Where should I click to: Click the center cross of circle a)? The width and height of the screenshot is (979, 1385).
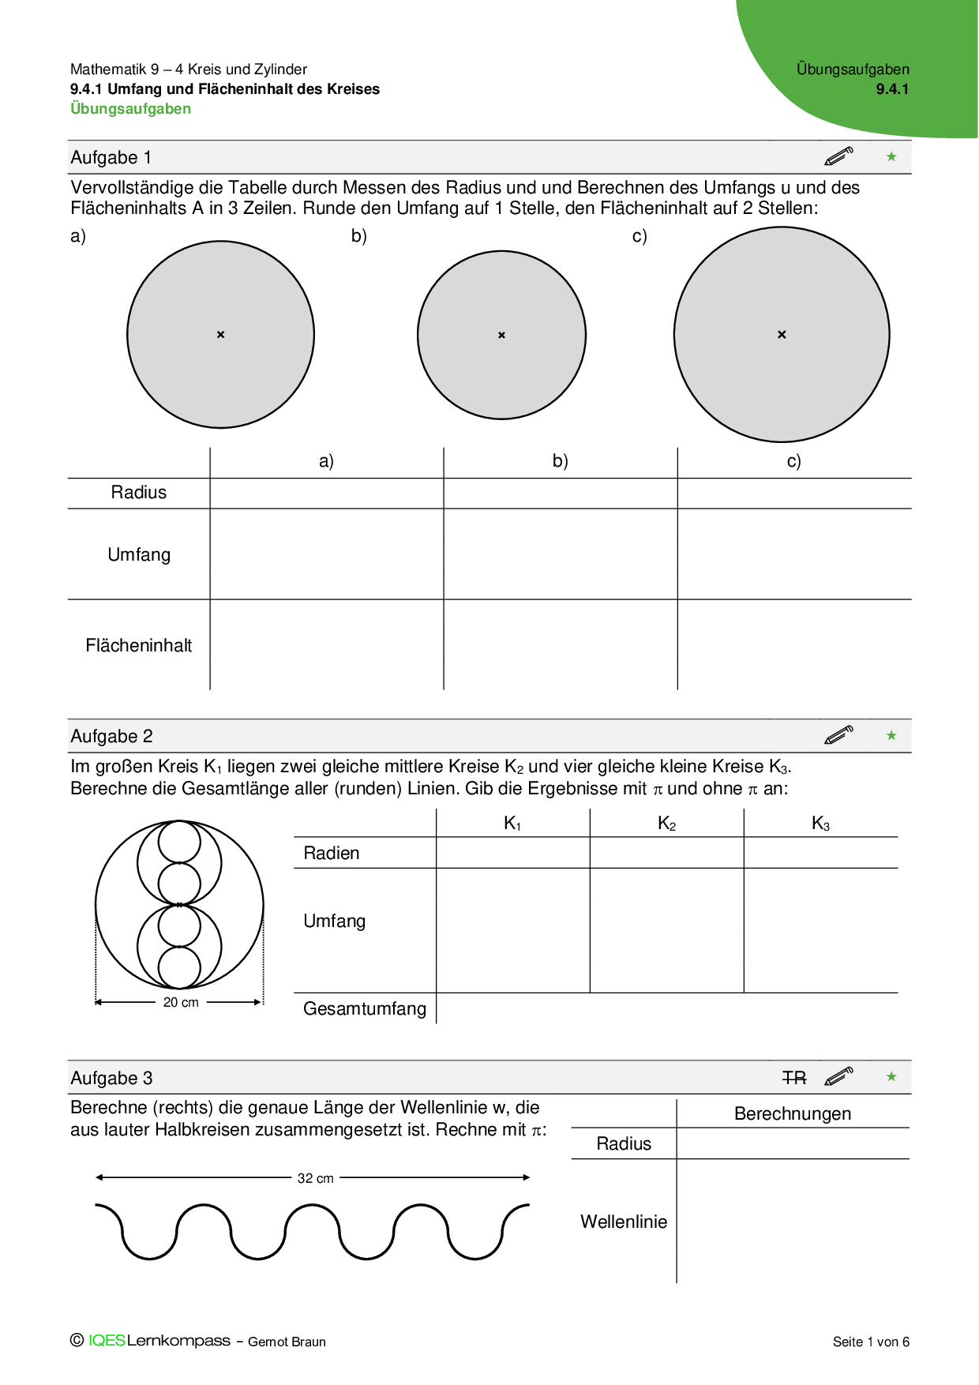tap(221, 335)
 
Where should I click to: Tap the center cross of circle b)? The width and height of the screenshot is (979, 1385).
tap(501, 336)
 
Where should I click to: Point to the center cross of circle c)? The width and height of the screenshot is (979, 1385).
tap(782, 335)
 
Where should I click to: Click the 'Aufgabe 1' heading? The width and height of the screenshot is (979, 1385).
tap(111, 158)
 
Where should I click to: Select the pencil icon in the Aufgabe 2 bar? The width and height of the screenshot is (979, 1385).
tap(838, 735)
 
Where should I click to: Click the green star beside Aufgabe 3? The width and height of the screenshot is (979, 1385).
tap(891, 1077)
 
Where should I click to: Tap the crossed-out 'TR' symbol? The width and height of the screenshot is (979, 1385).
tap(794, 1078)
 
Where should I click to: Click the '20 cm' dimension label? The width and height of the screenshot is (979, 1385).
tap(181, 1003)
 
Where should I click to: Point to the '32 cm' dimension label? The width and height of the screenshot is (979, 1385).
tap(315, 1178)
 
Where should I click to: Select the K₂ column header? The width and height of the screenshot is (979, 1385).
tap(667, 824)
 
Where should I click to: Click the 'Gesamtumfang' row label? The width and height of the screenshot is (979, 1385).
tap(364, 1009)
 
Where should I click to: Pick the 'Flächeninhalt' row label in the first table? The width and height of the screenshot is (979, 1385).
tap(138, 646)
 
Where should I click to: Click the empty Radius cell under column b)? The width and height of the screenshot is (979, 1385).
tap(561, 494)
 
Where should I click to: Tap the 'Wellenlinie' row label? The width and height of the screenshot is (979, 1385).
tap(624, 1222)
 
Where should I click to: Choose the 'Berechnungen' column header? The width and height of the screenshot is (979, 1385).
tap(793, 1114)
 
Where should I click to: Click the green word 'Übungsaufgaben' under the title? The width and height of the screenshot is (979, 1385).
tap(130, 109)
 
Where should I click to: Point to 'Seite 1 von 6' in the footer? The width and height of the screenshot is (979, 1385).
tap(871, 1342)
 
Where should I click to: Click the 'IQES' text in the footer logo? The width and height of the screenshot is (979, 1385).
tap(107, 1341)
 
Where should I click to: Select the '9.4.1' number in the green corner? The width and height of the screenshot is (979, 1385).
tap(892, 89)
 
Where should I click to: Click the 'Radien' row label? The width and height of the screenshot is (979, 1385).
tap(332, 854)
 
